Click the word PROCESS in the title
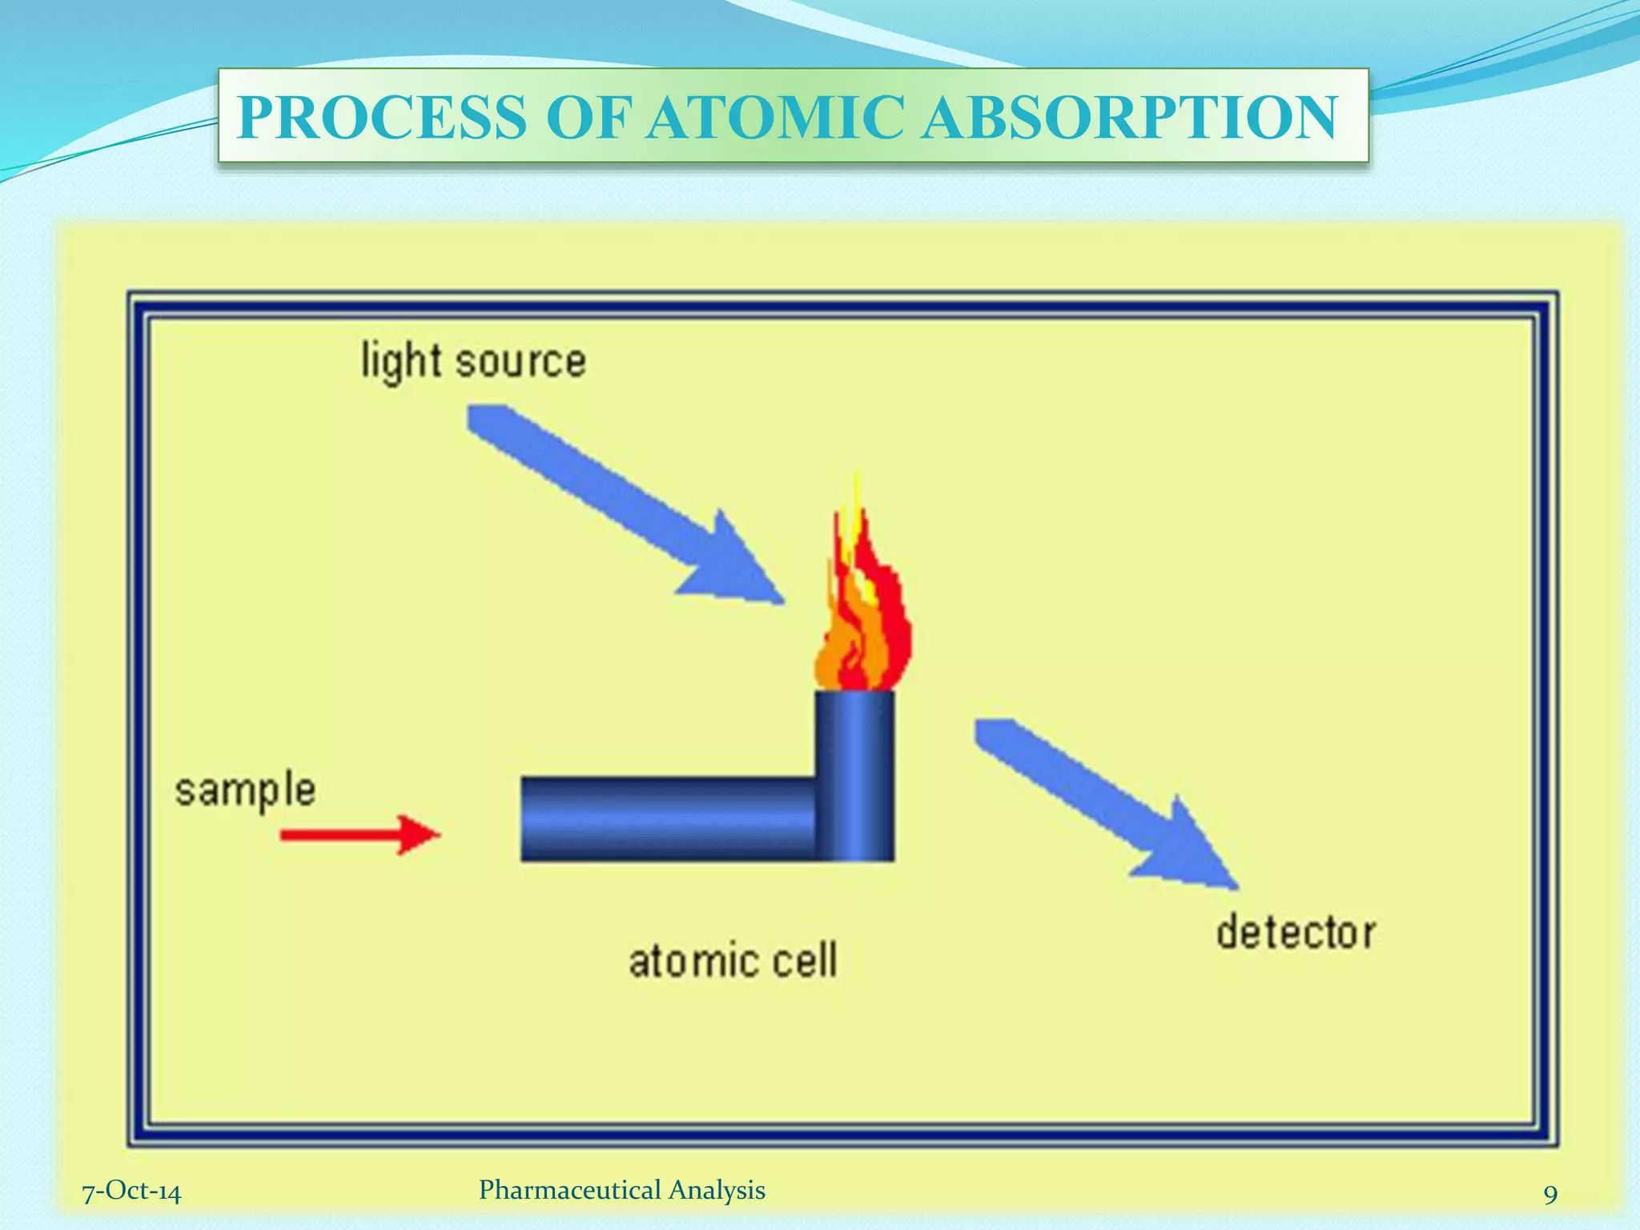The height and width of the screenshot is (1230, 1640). pyautogui.click(x=383, y=118)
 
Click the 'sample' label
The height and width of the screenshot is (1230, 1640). pyautogui.click(x=245, y=791)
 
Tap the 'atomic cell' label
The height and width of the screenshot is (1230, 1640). pyautogui.click(x=732, y=960)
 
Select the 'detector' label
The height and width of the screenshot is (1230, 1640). pyautogui.click(x=1295, y=933)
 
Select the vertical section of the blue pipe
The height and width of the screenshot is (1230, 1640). pyautogui.click(x=854, y=773)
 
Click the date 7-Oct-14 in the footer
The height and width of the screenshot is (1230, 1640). pyautogui.click(x=132, y=1192)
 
